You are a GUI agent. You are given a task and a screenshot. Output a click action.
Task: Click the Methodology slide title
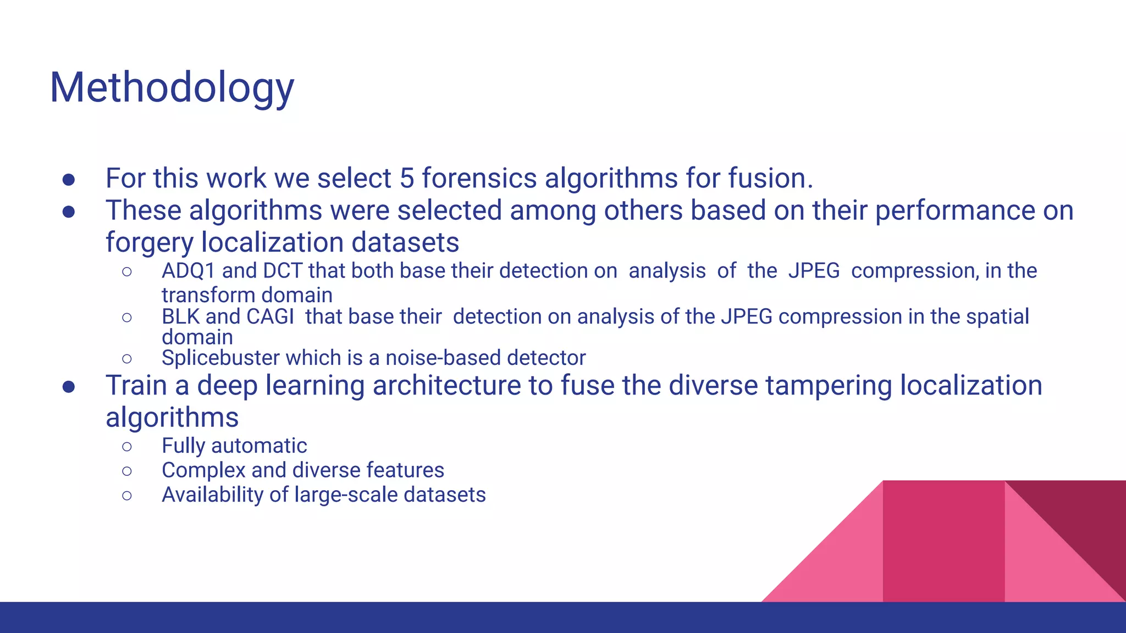point(172,88)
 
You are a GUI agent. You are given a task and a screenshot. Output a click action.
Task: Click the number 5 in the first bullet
point(407,179)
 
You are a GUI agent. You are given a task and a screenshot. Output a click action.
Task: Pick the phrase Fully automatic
point(234,446)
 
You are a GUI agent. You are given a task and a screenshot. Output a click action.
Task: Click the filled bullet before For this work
point(69,180)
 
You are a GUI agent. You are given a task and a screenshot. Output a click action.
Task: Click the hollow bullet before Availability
point(127,496)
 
